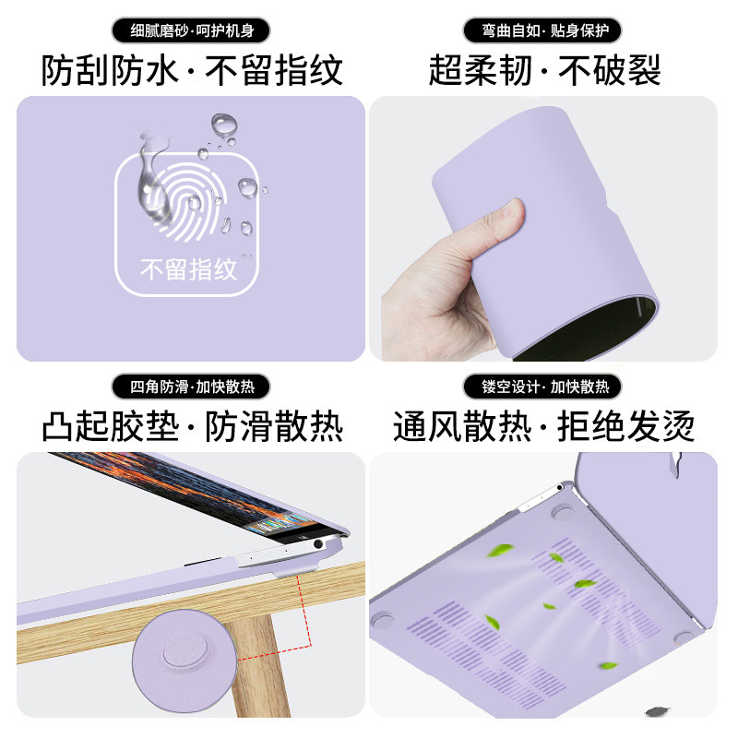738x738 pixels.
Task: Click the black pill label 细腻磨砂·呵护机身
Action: (191, 30)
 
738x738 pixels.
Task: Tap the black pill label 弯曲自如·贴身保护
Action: (542, 30)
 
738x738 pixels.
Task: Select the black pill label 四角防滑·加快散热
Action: (191, 387)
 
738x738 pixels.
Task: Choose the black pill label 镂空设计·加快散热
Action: (542, 387)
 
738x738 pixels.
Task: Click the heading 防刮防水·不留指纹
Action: (192, 70)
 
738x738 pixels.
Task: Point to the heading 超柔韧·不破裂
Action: (544, 70)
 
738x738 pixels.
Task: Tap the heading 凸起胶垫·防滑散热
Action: (192, 426)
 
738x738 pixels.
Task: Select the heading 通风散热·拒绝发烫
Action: (543, 426)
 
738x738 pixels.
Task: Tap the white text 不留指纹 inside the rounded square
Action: (188, 269)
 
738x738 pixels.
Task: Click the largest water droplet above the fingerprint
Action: (223, 125)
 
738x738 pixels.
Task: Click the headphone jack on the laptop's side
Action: (318, 544)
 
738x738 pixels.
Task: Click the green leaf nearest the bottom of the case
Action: (608, 665)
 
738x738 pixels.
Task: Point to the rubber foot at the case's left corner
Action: (382, 619)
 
